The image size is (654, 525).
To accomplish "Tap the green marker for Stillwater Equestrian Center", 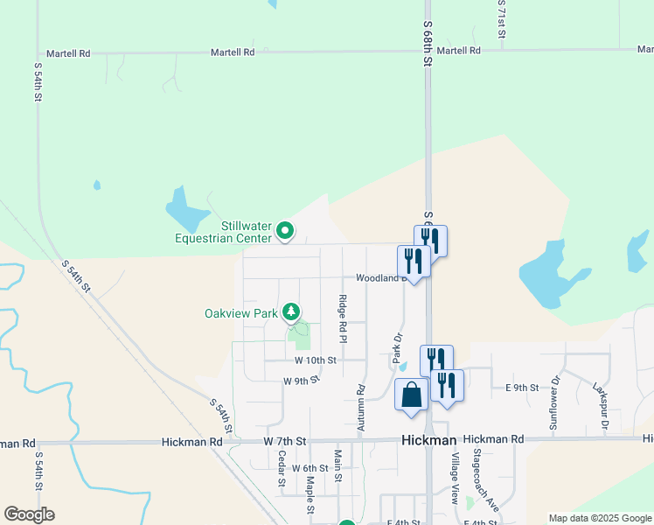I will tap(285, 232).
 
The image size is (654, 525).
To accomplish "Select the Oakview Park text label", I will tap(240, 313).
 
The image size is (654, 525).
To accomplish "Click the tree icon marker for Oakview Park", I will tap(291, 312).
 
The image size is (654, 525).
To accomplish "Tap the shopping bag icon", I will tap(412, 395).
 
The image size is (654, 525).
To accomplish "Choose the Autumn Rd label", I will tap(360, 408).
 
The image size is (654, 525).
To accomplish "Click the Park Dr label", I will tap(397, 348).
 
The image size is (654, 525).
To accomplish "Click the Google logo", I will tap(29, 514).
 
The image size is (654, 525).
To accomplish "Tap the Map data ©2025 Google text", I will tap(600, 518).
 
